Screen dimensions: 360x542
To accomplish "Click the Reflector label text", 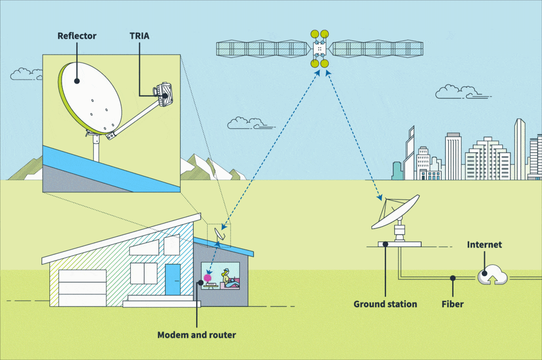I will tap(77, 36).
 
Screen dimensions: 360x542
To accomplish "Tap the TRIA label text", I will tap(139, 36).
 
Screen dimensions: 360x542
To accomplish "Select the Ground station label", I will tap(385, 304).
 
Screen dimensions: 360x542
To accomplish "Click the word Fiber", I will tap(452, 304).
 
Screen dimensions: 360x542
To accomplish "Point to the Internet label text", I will tap(484, 245).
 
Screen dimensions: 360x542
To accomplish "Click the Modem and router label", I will tap(196, 335).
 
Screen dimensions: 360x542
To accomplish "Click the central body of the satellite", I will tap(319, 49).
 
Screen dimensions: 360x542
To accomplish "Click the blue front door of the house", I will tap(172, 279).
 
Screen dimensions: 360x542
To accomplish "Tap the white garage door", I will tap(82, 288).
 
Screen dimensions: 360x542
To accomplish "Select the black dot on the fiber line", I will tap(453, 278).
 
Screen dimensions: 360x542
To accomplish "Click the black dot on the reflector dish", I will tap(77, 81).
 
